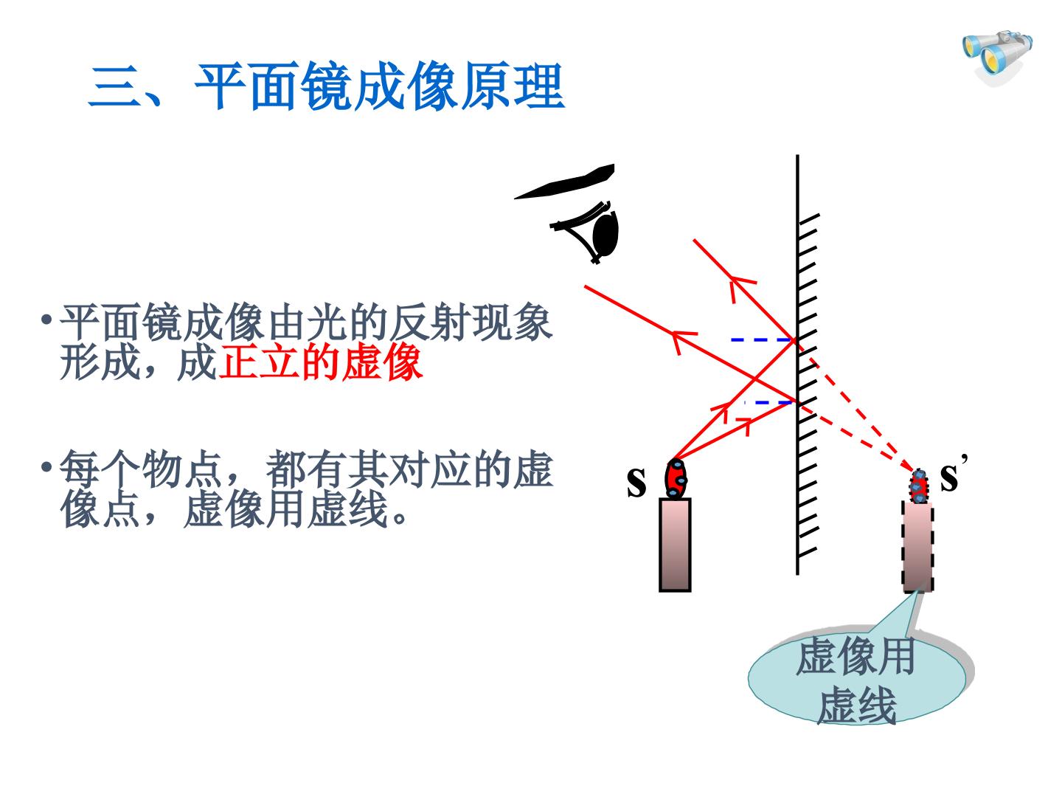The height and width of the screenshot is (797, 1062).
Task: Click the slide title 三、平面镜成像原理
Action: coord(327,86)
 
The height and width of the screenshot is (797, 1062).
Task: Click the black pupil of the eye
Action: coord(605,235)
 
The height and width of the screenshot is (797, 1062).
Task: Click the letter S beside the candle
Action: coord(636,482)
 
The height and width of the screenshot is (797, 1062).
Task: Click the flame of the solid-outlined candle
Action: coord(676,479)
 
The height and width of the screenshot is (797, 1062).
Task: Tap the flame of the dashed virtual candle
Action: coord(919,486)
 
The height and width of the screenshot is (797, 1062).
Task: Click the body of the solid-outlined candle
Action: coord(675,545)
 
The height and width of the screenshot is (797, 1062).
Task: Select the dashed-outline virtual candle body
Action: coord(918,548)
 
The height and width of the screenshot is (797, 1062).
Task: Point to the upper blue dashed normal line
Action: coord(763,340)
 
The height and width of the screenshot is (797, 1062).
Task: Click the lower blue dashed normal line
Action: coord(768,403)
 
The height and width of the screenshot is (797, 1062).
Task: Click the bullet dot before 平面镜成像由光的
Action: coord(46,320)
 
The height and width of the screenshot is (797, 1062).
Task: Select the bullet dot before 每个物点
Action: coord(46,467)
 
